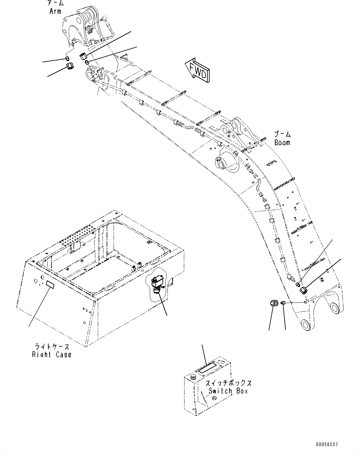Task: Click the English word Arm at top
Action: [x=55, y=11]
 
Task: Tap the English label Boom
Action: [x=282, y=143]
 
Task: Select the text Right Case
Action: [x=52, y=355]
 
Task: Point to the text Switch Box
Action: [x=228, y=391]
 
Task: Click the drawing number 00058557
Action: [x=327, y=445]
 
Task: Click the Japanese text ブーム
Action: [x=282, y=135]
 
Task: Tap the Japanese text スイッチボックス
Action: [x=228, y=383]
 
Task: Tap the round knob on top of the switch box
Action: [x=193, y=377]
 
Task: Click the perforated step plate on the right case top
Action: [x=79, y=235]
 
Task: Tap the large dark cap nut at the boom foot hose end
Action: [x=304, y=290]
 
